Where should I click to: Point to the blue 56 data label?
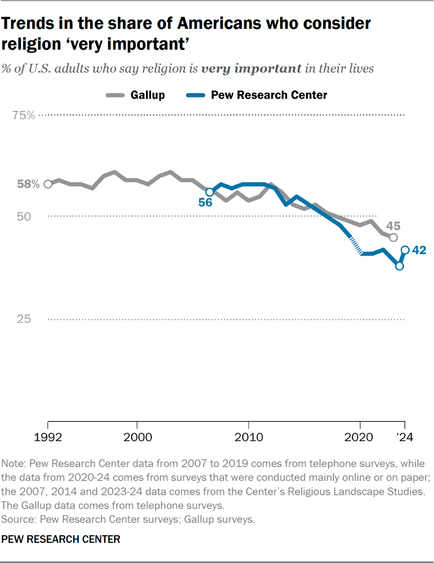click(x=205, y=203)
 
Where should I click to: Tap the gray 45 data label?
click(x=394, y=226)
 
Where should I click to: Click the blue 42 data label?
click(x=419, y=251)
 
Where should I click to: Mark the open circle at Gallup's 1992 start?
click(x=48, y=184)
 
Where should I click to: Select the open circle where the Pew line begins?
click(x=209, y=192)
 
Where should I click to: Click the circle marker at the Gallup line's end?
click(x=393, y=237)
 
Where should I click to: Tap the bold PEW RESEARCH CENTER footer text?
click(x=61, y=539)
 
